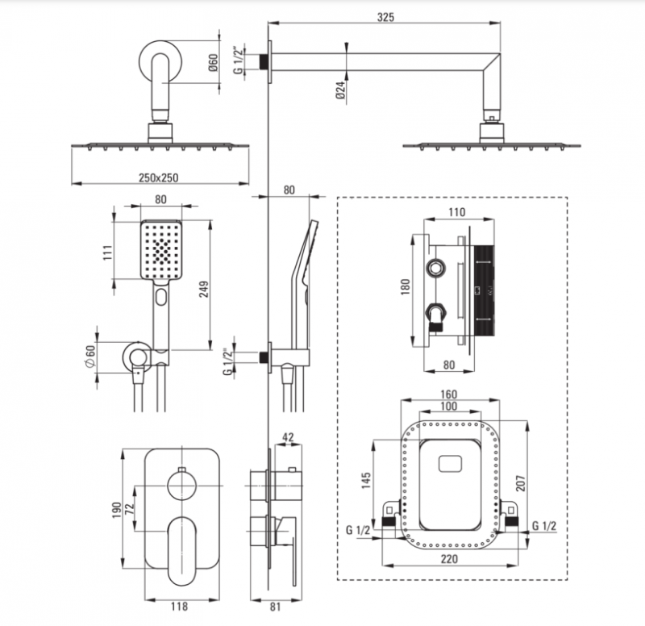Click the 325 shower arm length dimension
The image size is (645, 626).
point(384,18)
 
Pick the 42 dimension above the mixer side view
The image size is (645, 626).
point(288,437)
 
